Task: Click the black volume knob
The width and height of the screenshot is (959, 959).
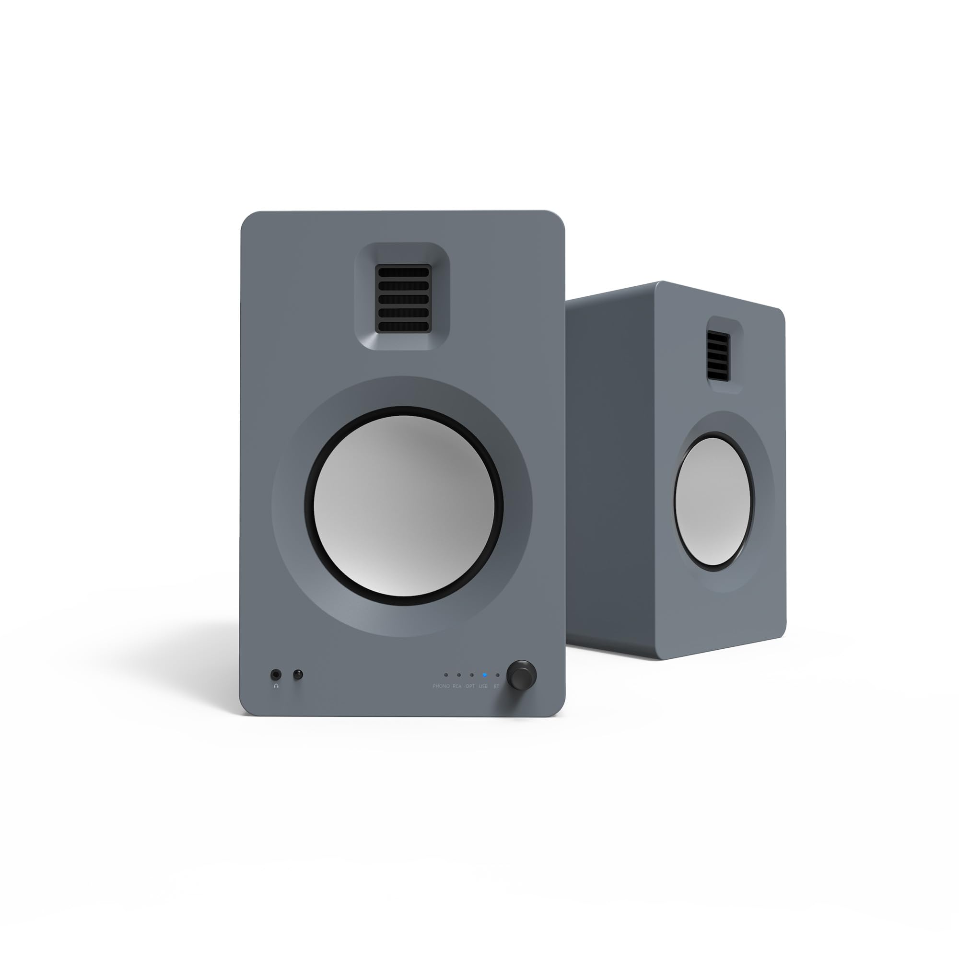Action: (x=521, y=675)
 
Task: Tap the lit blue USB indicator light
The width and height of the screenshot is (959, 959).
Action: (x=484, y=675)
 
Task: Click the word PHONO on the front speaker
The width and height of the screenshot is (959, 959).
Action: (x=441, y=686)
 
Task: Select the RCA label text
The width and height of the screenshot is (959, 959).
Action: (x=457, y=686)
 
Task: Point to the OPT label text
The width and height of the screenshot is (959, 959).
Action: (x=470, y=686)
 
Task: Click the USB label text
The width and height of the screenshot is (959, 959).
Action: (x=483, y=686)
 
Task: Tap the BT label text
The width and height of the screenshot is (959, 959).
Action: (x=496, y=686)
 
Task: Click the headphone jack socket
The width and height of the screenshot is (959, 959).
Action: (x=276, y=675)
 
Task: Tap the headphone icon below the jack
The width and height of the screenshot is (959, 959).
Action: (x=276, y=686)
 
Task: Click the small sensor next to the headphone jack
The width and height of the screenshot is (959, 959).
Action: (x=298, y=675)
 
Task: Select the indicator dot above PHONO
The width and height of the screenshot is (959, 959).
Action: (x=446, y=675)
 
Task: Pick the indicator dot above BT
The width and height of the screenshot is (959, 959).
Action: (x=497, y=675)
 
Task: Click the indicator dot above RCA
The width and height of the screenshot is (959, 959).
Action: (x=459, y=675)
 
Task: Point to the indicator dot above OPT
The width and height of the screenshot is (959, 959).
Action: (x=471, y=675)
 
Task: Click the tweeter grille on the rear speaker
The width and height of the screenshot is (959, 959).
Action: (x=718, y=355)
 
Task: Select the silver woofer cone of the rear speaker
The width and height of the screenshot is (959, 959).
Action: (x=713, y=502)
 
